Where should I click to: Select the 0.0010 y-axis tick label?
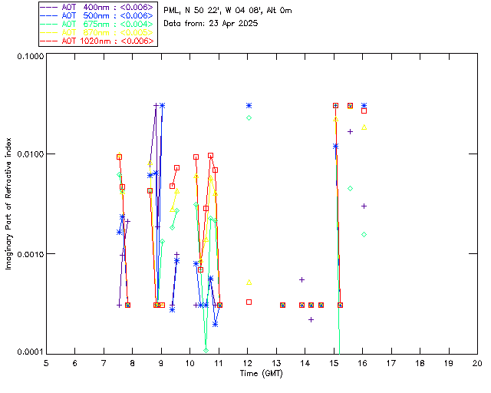tap(26, 254)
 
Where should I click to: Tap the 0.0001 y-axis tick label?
tap(26, 352)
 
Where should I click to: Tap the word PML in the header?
tap(173, 11)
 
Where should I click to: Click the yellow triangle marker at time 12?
tap(249, 282)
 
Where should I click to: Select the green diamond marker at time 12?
tap(249, 117)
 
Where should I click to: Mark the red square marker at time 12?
tap(249, 302)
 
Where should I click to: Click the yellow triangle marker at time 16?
tap(364, 127)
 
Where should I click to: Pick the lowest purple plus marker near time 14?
tap(311, 319)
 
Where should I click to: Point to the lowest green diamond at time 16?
tap(364, 234)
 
